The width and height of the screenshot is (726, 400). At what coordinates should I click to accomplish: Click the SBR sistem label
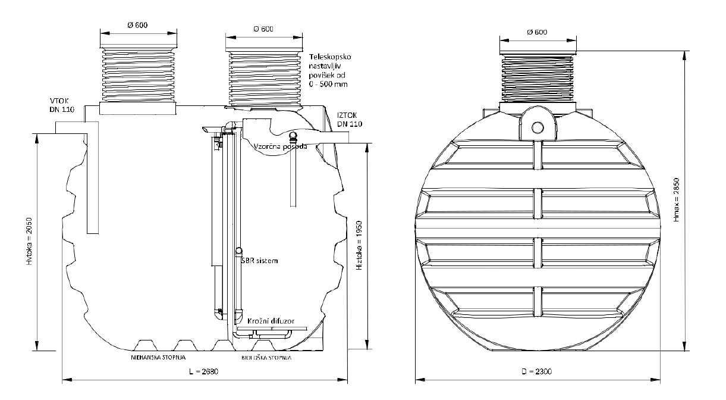pyautogui.click(x=260, y=261)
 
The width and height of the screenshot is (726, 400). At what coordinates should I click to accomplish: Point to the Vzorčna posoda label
pyautogui.click(x=281, y=146)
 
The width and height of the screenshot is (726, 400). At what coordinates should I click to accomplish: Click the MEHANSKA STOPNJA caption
pyautogui.click(x=159, y=359)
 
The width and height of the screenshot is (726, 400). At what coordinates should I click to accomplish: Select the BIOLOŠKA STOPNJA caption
pyautogui.click(x=267, y=359)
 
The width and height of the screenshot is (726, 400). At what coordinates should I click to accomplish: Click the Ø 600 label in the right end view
pyautogui.click(x=537, y=32)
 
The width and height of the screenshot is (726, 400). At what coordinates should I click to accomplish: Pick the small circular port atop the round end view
pyautogui.click(x=538, y=127)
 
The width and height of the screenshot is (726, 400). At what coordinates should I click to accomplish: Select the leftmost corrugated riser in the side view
pyautogui.click(x=138, y=74)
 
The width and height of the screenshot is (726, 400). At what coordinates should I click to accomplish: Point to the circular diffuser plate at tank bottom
pyautogui.click(x=272, y=329)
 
